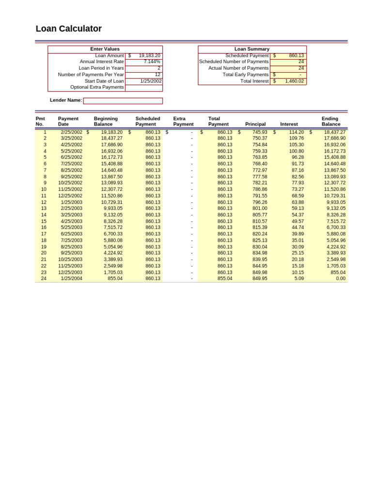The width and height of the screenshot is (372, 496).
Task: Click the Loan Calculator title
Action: [69, 29]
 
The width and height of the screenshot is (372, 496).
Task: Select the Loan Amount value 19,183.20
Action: [149, 56]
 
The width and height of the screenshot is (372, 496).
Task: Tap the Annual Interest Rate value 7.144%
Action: [152, 62]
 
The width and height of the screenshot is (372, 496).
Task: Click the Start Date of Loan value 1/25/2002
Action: [151, 81]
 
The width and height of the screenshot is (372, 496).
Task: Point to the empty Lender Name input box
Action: [123, 101]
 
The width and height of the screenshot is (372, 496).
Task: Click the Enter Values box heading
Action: [105, 49]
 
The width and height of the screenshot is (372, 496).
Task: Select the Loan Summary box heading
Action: [252, 49]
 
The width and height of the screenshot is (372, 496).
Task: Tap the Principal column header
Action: [255, 124]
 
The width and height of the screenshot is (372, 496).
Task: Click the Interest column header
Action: [289, 124]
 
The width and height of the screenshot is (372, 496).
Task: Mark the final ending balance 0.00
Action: [341, 279]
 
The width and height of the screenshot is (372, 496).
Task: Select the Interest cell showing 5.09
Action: [299, 279]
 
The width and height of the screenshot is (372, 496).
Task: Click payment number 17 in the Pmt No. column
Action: [44, 234]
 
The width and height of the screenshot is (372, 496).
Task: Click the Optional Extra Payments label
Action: [97, 87]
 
